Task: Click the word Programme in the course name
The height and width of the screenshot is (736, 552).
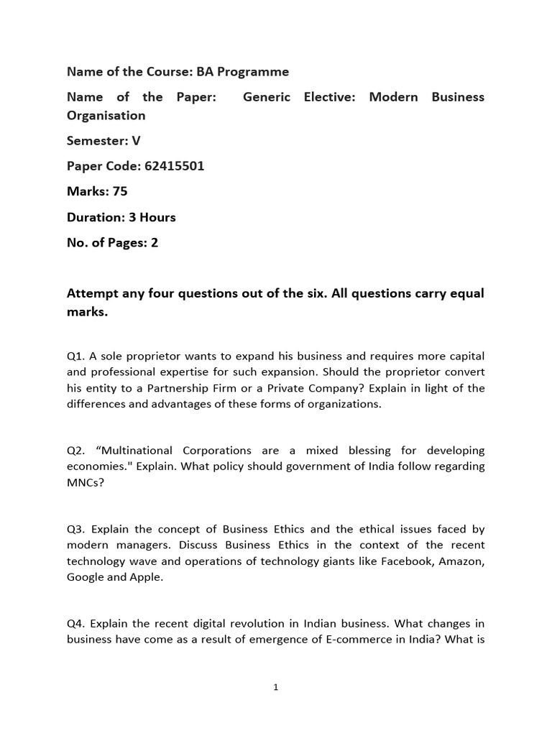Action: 254,72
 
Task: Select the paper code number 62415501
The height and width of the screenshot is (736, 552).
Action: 174,166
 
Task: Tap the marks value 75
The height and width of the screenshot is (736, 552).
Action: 120,191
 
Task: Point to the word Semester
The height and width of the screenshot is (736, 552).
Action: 97,141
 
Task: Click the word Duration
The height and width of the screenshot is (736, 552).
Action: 94,217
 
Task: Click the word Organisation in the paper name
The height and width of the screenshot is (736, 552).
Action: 106,116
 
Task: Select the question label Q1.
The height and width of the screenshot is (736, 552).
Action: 76,356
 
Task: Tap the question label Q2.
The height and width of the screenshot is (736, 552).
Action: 76,451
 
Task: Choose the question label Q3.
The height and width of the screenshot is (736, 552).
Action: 76,530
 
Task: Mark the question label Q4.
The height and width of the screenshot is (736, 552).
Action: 76,623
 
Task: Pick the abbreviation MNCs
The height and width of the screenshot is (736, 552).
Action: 83,482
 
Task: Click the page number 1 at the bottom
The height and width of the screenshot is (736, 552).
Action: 276,688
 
